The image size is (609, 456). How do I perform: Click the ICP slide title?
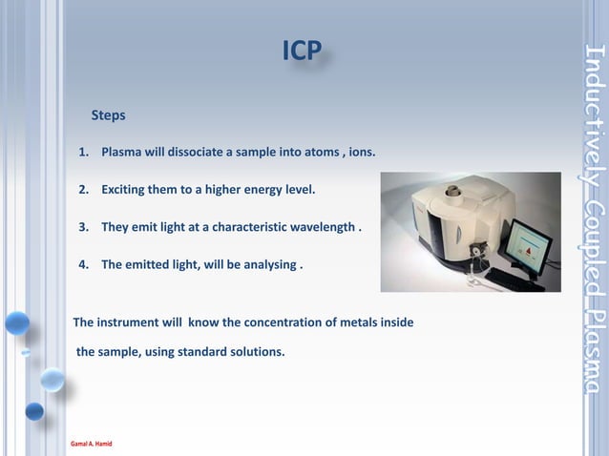[x=302, y=52]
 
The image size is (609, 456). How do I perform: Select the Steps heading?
[x=108, y=115]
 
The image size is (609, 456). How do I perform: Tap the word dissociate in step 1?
[x=199, y=153]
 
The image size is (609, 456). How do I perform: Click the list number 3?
[x=83, y=228]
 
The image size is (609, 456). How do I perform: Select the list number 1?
[x=83, y=153]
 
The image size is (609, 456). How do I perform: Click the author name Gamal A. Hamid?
[x=91, y=445]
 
